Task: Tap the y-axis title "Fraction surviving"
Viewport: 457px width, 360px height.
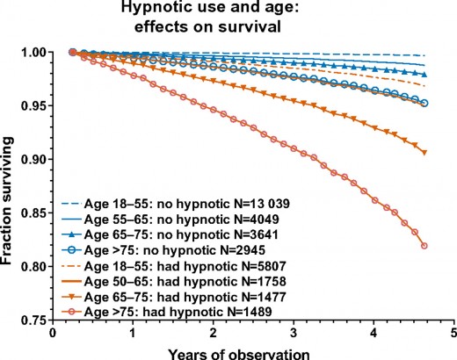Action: (6, 201)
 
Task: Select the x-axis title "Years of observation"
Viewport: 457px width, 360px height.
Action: (239, 354)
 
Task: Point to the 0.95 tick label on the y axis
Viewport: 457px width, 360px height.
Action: (33, 105)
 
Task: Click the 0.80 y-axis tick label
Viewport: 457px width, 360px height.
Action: (33, 267)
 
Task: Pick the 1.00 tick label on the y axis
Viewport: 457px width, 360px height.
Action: (33, 53)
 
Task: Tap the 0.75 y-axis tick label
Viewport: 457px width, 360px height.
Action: (33, 320)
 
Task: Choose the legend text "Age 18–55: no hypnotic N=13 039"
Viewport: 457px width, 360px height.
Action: (187, 204)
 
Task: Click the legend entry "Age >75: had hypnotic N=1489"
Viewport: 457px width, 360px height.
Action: (178, 312)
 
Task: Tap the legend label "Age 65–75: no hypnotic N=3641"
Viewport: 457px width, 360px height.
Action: (181, 234)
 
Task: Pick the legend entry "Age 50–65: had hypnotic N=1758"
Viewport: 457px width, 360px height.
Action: (185, 281)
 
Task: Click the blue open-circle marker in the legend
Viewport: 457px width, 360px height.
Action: (71, 250)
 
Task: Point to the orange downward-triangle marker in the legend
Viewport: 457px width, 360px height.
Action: (71, 297)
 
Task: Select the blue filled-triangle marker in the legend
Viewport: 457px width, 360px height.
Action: (71, 234)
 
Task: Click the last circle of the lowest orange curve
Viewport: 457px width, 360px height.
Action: (424, 246)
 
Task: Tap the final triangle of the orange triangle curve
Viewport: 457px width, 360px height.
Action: (424, 152)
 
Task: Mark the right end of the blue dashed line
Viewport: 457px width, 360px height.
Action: (424, 55)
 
